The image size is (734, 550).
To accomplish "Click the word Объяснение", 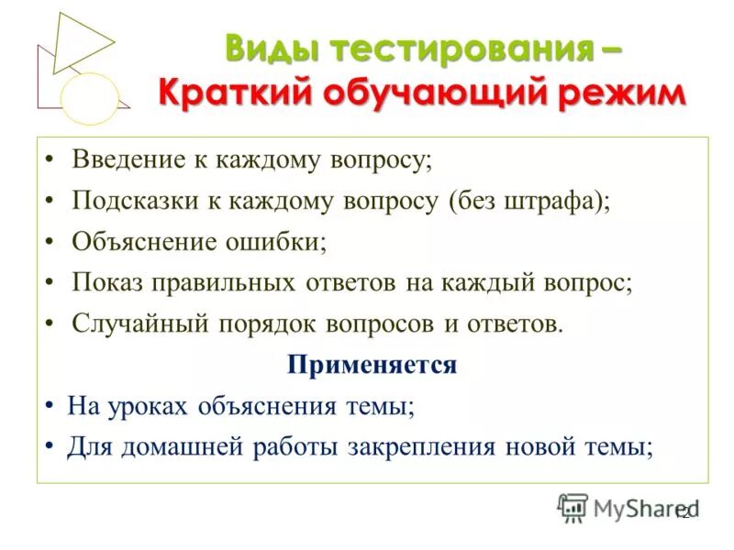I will (139, 242).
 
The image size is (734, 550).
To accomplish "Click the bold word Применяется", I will (372, 365).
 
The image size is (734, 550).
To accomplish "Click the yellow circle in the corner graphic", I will (90, 98).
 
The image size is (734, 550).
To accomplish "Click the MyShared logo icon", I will (573, 507).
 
